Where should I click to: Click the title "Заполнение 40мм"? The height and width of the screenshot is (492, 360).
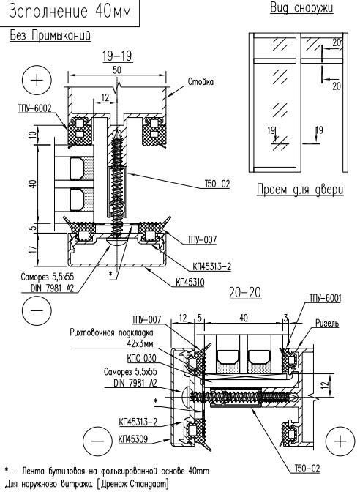(x=70, y=12)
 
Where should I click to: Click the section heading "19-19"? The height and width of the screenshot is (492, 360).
(x=117, y=56)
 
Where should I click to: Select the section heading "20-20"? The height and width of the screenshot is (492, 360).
(x=245, y=292)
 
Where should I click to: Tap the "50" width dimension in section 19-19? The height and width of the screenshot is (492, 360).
(x=116, y=70)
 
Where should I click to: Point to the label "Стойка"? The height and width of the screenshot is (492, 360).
(x=200, y=82)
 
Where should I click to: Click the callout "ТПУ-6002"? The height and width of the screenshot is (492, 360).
(x=34, y=108)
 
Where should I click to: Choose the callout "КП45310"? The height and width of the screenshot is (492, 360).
(x=190, y=283)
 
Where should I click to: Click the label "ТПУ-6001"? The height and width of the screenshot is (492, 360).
(x=325, y=298)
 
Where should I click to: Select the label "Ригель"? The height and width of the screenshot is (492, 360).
(x=327, y=323)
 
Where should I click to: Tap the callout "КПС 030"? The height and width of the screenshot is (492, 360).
(x=141, y=358)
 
